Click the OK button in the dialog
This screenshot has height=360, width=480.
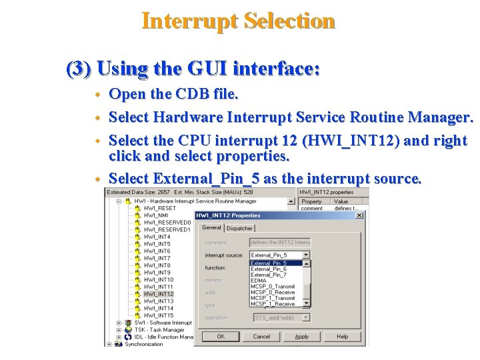(x=220, y=337)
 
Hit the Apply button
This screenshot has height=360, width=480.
(x=302, y=337)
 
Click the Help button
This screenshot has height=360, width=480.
(x=342, y=337)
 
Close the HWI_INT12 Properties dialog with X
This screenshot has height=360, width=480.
(x=359, y=215)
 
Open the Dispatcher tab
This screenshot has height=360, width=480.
(x=239, y=228)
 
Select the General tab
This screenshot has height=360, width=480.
(x=211, y=228)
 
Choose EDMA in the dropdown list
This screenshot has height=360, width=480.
(x=259, y=281)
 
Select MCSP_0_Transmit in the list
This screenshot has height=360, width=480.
(x=273, y=287)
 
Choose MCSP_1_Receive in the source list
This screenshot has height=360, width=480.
(x=272, y=304)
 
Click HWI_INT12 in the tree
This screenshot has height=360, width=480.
(x=158, y=294)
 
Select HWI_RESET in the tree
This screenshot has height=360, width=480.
(x=160, y=208)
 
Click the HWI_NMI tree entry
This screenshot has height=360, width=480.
(x=157, y=215)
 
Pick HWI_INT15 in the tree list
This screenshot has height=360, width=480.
(x=158, y=315)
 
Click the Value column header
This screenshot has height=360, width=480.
(x=341, y=201)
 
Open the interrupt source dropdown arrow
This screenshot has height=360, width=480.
(x=306, y=255)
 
